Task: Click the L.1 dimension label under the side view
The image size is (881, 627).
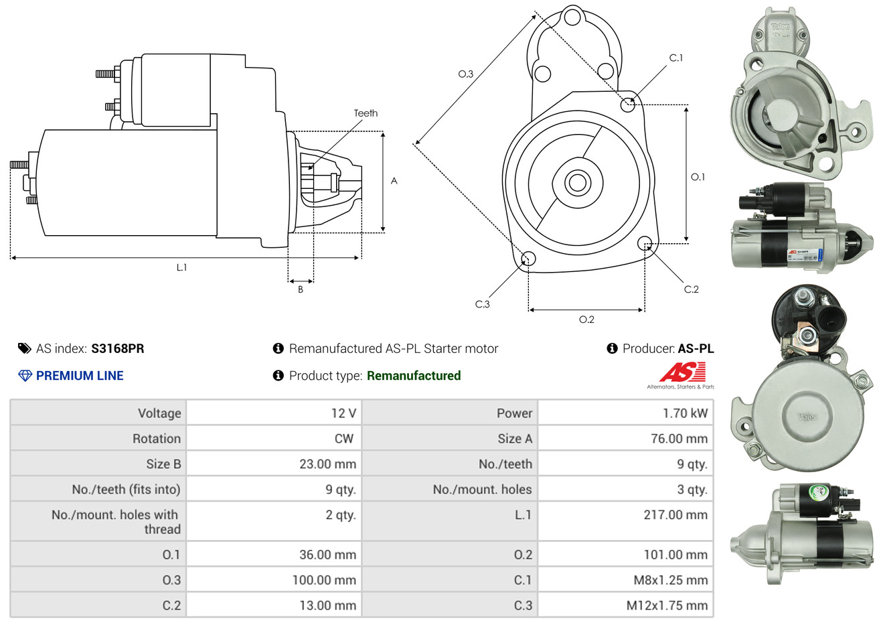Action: click(181, 267)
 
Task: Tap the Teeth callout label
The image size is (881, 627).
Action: click(366, 113)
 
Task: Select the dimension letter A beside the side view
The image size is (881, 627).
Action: click(394, 181)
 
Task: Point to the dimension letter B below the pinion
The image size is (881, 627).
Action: click(301, 289)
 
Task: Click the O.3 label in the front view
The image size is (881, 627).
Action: click(465, 74)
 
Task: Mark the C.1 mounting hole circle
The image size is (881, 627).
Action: click(628, 104)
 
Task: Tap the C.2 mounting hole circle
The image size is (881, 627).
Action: click(645, 242)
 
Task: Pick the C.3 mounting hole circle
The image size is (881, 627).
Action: click(528, 259)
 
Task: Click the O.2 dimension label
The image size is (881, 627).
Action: click(586, 320)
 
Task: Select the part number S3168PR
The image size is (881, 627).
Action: click(118, 348)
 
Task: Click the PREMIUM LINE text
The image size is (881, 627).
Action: click(80, 376)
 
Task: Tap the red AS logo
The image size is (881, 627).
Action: click(683, 372)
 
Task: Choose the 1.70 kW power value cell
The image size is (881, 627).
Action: click(685, 413)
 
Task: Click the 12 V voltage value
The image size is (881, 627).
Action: click(343, 413)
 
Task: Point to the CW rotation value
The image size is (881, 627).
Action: click(343, 439)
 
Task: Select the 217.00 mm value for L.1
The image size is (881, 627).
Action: click(675, 515)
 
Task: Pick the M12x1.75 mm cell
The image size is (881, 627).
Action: click(667, 606)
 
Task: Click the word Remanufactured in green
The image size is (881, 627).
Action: click(414, 376)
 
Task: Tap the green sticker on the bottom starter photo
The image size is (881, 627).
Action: click(818, 492)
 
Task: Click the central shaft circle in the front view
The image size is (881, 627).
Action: click(576, 182)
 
